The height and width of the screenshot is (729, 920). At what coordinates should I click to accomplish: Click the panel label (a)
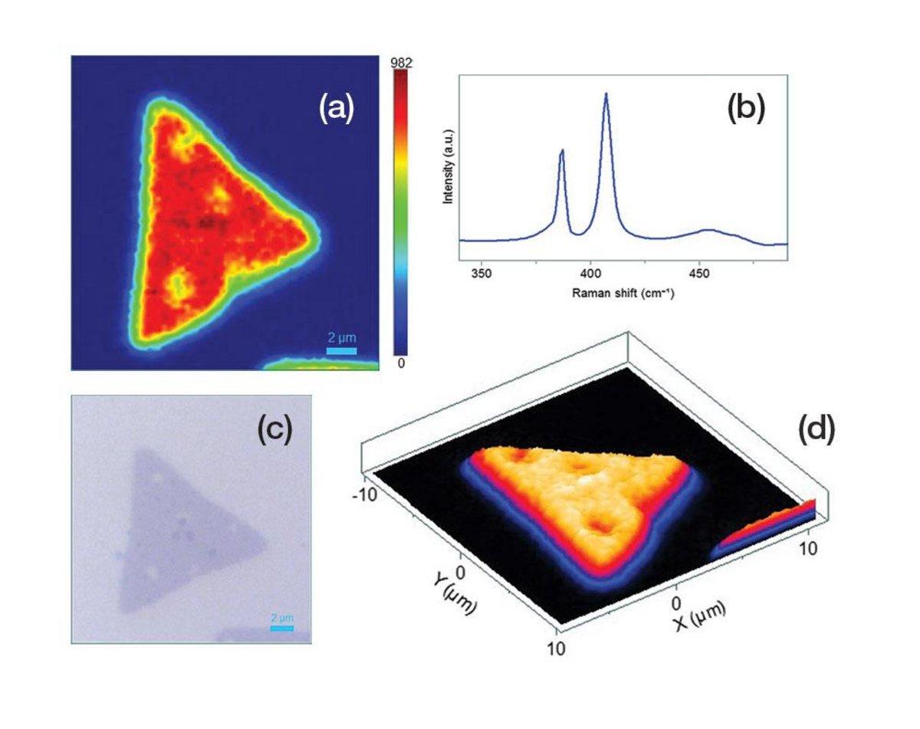tap(337, 110)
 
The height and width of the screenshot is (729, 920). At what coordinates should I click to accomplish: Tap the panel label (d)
tap(816, 430)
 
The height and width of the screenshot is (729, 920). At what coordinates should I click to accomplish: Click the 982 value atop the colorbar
tap(401, 64)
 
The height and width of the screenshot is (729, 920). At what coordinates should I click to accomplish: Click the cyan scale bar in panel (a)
tap(341, 351)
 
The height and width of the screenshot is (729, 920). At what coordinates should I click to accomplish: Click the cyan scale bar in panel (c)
tap(282, 629)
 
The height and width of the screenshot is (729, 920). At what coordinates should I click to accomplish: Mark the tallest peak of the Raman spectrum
tap(606, 95)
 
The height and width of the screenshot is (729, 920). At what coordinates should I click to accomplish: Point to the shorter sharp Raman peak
tap(562, 152)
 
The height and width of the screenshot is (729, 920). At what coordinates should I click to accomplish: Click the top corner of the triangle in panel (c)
tap(139, 452)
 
